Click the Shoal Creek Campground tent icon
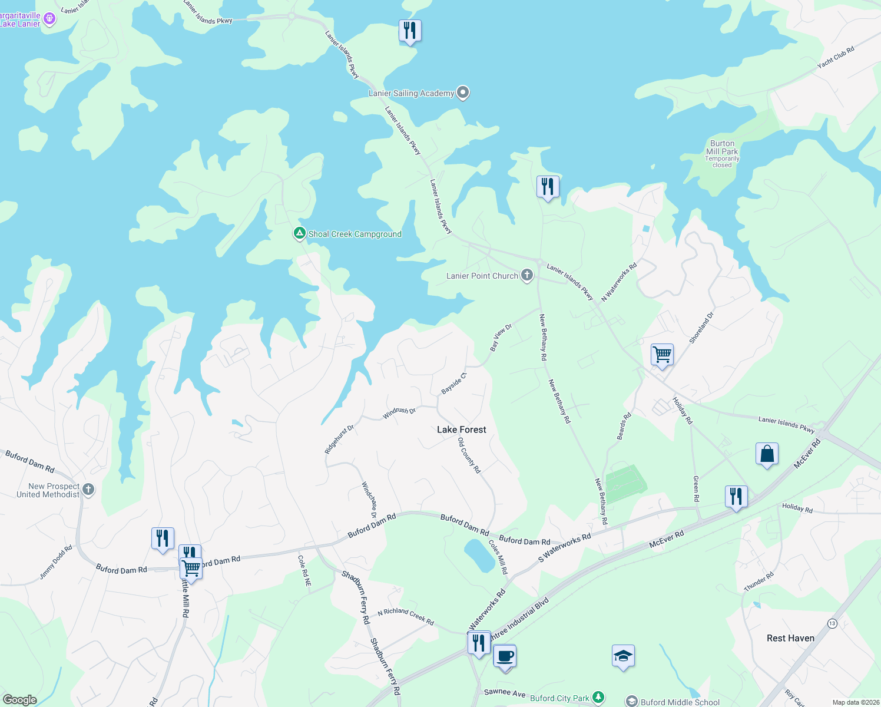(x=299, y=234)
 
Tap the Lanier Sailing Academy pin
(x=463, y=92)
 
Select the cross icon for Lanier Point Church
(x=526, y=275)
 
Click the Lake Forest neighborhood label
(x=462, y=430)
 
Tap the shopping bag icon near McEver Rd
(x=767, y=454)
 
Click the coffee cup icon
(x=505, y=656)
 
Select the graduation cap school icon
(x=623, y=656)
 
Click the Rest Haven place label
(x=790, y=638)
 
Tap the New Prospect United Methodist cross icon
(x=88, y=489)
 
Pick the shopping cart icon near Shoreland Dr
(x=662, y=355)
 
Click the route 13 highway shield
(x=832, y=623)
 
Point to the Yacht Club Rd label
(x=836, y=58)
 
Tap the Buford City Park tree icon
(x=598, y=698)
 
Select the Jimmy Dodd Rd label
(x=56, y=562)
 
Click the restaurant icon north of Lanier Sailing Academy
(x=410, y=30)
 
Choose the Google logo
(x=20, y=700)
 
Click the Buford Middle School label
(x=680, y=702)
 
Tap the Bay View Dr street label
(x=501, y=338)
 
